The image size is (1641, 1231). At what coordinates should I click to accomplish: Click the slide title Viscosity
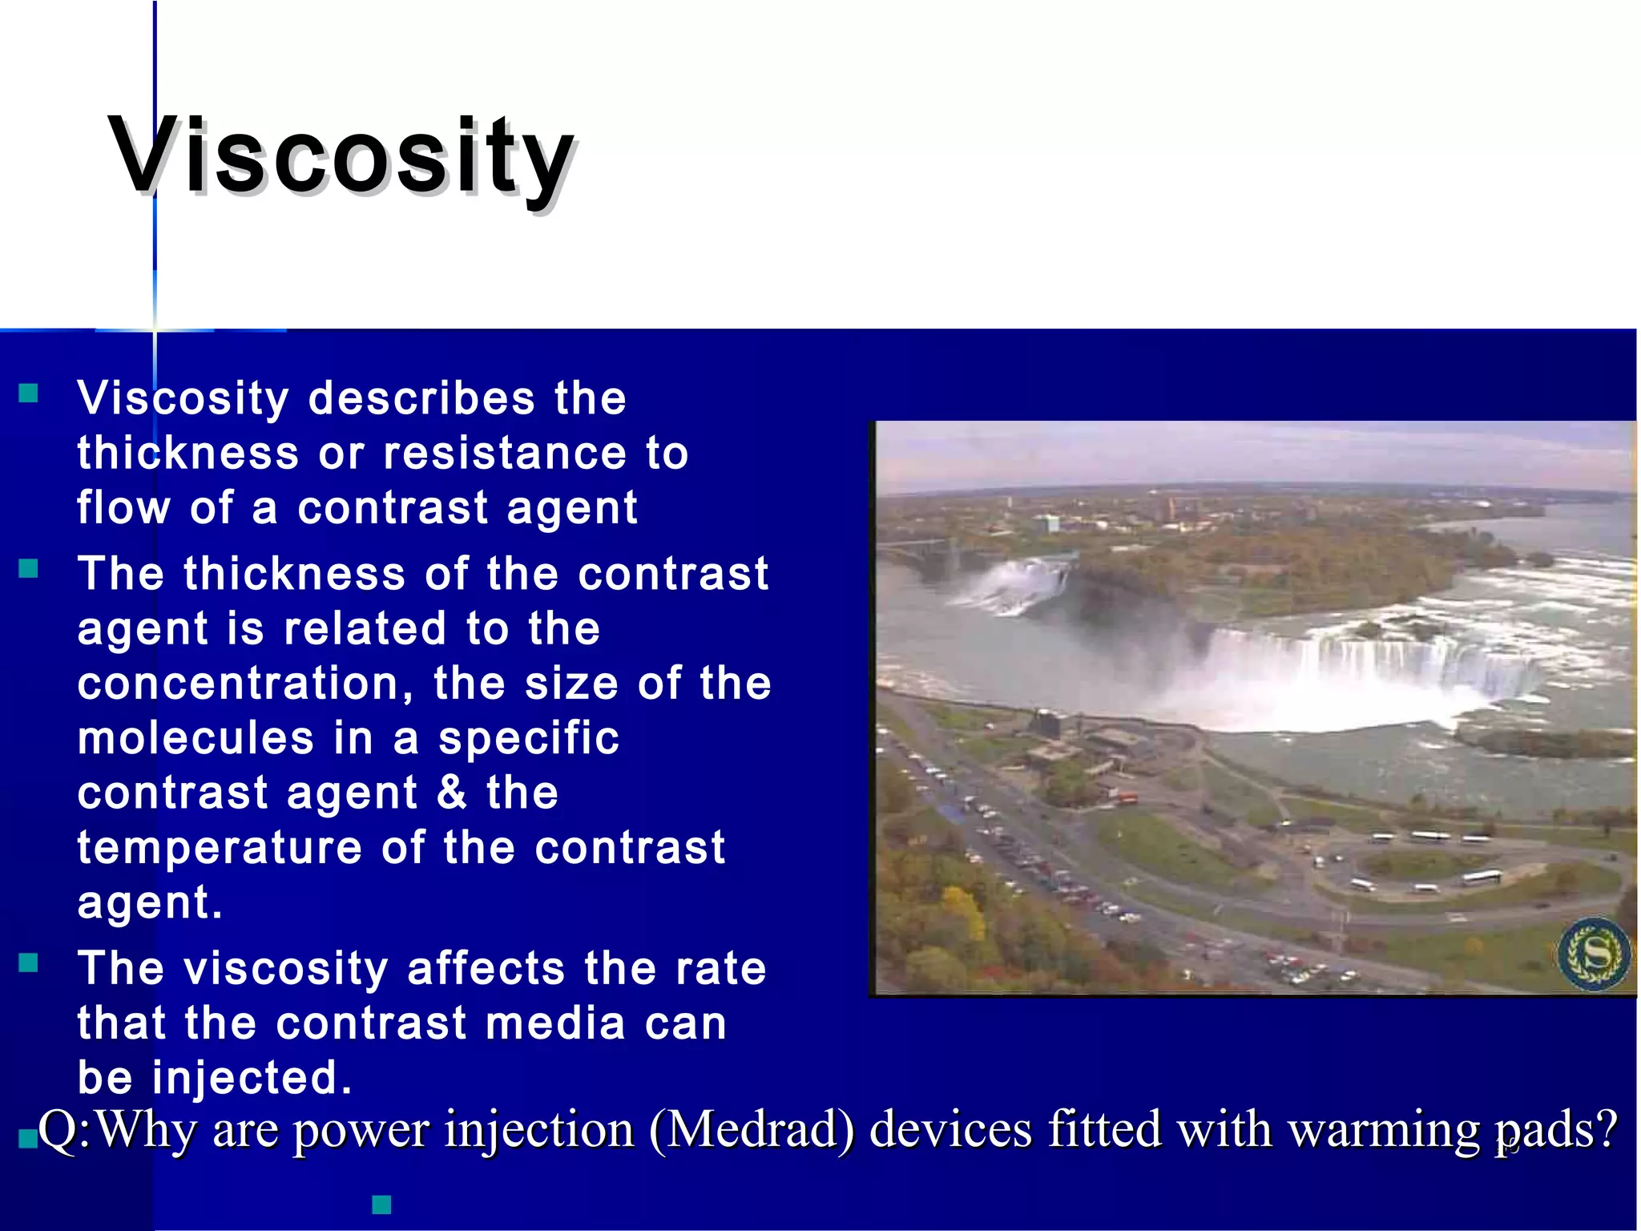pyautogui.click(x=341, y=156)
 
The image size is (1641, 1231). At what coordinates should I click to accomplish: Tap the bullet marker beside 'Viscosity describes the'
pyautogui.click(x=29, y=393)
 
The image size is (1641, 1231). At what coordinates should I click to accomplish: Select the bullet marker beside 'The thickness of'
pyautogui.click(x=29, y=568)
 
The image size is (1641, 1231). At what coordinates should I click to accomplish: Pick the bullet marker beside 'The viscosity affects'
pyautogui.click(x=29, y=963)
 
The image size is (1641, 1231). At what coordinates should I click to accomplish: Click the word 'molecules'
pyautogui.click(x=196, y=738)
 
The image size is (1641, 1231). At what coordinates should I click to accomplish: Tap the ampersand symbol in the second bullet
pyautogui.click(x=452, y=792)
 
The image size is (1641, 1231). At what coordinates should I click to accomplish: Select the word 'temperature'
pyautogui.click(x=220, y=848)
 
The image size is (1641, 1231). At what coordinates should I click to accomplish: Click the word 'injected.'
pyautogui.click(x=252, y=1077)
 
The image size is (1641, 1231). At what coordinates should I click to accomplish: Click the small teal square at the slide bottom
pyautogui.click(x=381, y=1204)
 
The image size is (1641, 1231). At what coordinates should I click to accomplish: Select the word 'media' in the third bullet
pyautogui.click(x=555, y=1023)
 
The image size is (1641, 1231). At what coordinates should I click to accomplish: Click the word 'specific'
pyautogui.click(x=529, y=738)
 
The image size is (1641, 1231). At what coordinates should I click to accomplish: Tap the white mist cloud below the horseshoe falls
pyautogui.click(x=1314, y=697)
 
